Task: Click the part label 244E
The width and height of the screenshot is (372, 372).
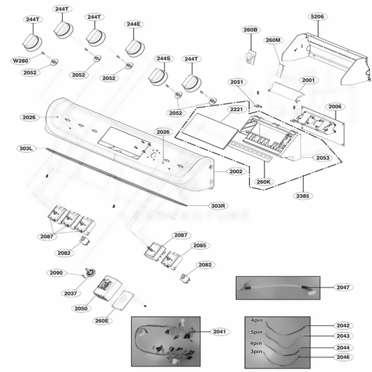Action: pyautogui.click(x=133, y=24)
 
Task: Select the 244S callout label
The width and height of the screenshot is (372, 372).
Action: pyautogui.click(x=163, y=59)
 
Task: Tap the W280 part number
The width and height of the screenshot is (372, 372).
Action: pyautogui.click(x=21, y=60)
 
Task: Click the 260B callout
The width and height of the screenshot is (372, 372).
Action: pyautogui.click(x=251, y=30)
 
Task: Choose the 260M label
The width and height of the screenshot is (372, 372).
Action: pyautogui.click(x=274, y=40)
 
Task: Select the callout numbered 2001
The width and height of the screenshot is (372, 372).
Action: pyautogui.click(x=308, y=81)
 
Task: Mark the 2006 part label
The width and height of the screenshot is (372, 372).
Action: pyautogui.click(x=335, y=106)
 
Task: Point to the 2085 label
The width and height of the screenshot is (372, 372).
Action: pyautogui.click(x=200, y=246)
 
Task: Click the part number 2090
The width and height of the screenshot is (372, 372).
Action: pyautogui.click(x=57, y=272)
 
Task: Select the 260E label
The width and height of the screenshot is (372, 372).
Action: pyautogui.click(x=102, y=321)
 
